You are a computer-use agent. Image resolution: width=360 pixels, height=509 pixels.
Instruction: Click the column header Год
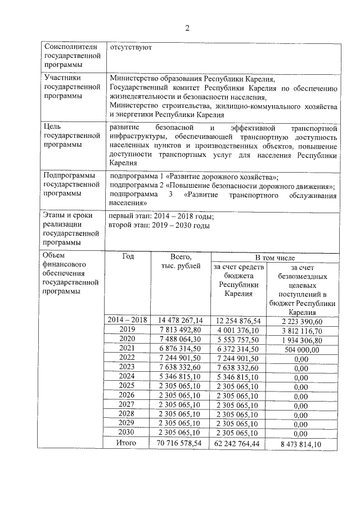click(128, 256)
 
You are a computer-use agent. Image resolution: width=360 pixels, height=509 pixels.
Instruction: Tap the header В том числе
click(274, 257)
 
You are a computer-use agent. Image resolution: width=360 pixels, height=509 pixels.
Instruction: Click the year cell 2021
click(128, 349)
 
